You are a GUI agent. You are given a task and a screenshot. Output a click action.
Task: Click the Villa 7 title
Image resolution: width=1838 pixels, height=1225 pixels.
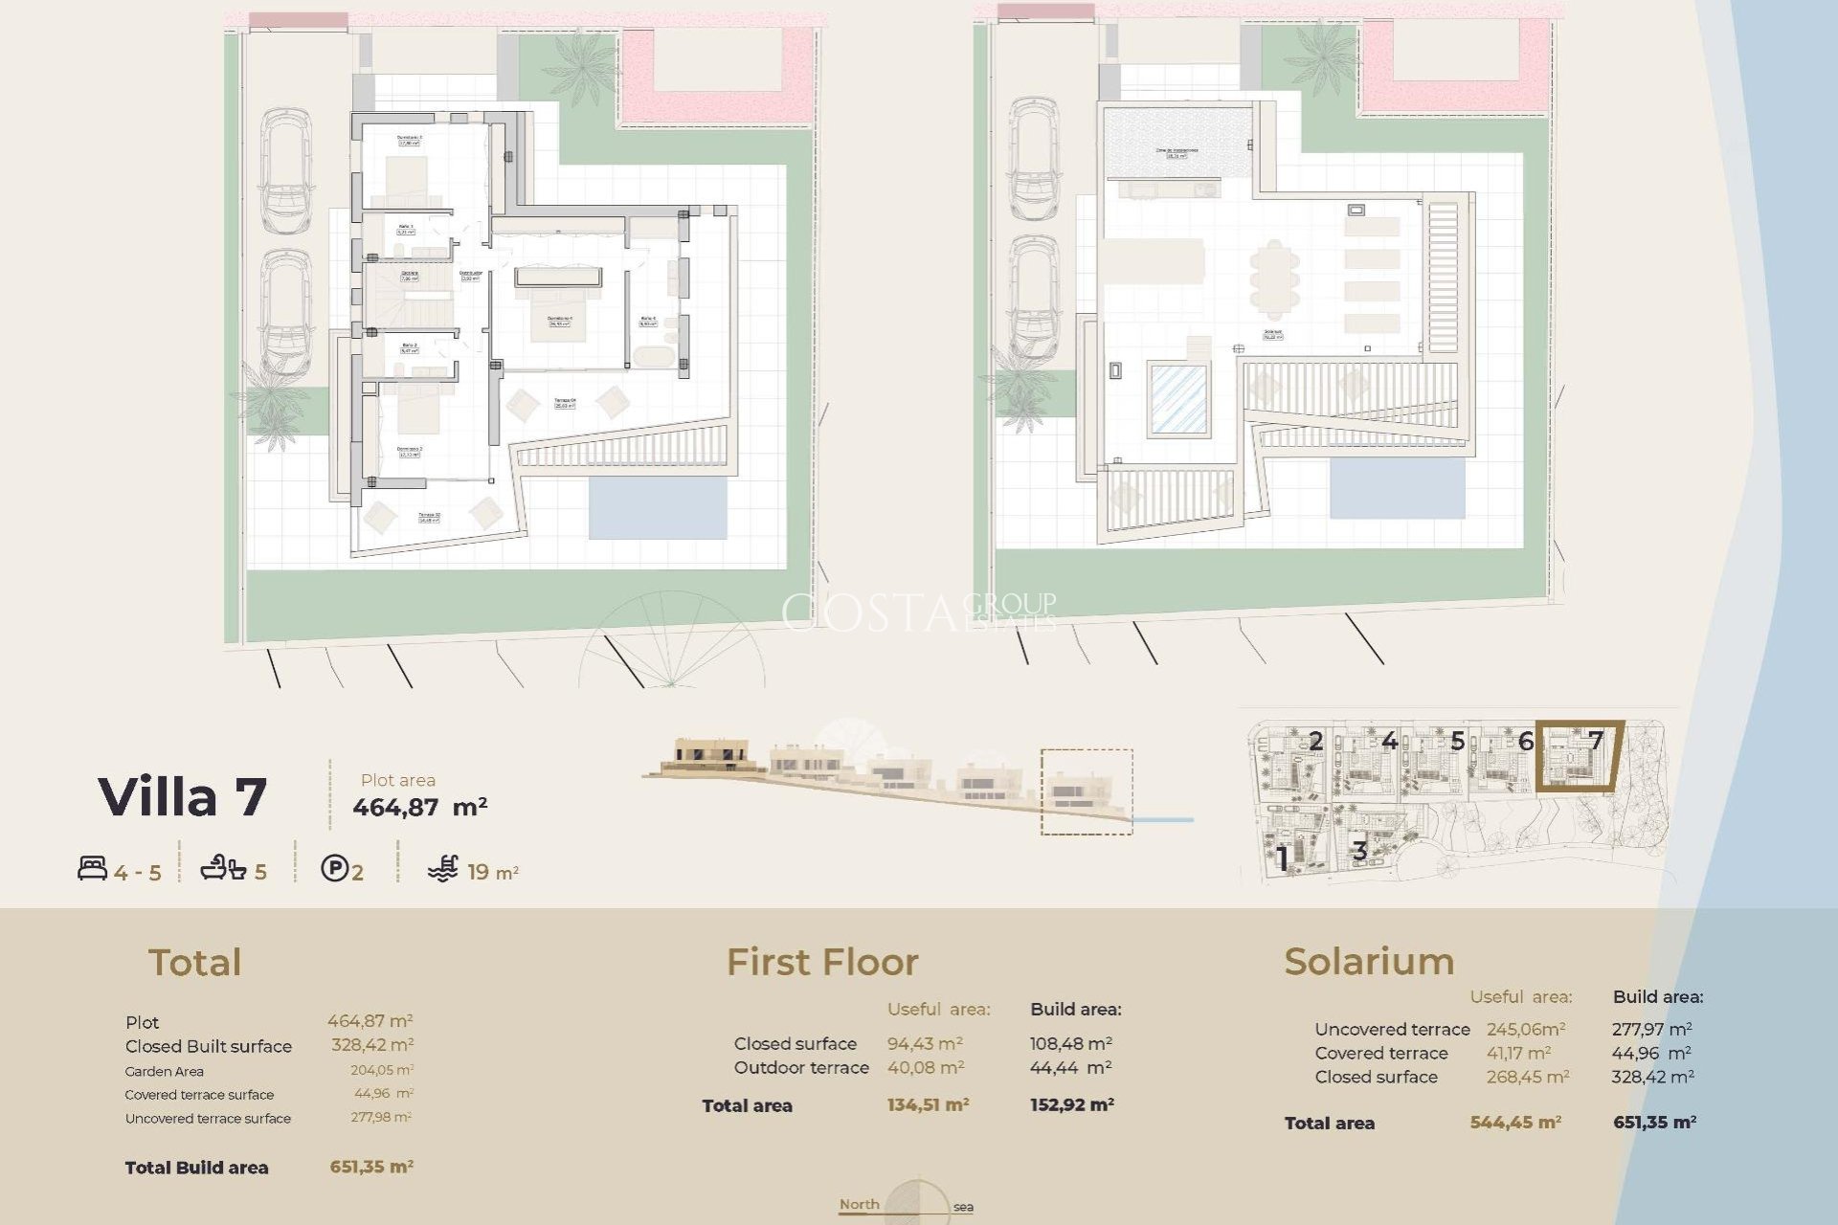(182, 797)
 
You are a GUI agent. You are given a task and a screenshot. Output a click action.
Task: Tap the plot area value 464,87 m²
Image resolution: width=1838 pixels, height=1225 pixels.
(419, 807)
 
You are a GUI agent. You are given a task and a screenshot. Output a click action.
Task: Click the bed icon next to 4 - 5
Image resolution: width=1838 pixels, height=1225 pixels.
(92, 869)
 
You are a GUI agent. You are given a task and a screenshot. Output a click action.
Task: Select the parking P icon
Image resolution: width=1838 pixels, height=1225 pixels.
(334, 869)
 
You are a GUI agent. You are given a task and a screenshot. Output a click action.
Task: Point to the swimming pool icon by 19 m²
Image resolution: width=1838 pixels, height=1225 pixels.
(442, 869)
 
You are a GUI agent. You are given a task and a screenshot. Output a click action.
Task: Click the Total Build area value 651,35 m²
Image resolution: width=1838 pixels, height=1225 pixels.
(371, 1167)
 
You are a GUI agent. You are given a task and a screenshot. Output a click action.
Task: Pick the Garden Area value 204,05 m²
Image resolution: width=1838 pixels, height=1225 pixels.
(381, 1071)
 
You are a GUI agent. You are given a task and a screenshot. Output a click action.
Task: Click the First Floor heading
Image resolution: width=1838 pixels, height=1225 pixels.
(821, 962)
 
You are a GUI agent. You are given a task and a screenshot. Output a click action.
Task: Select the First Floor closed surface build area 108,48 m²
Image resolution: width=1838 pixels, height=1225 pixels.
(1070, 1044)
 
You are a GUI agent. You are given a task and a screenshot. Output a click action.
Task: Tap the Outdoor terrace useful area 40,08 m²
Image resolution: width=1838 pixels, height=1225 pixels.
(925, 1067)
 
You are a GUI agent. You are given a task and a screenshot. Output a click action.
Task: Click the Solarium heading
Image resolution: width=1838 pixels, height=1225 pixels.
(1368, 961)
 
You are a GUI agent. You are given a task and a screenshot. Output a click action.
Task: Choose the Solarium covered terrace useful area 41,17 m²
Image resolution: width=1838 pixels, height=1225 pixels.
(1518, 1053)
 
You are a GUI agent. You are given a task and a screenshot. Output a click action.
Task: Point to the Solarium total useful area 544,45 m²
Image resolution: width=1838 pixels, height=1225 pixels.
(1515, 1123)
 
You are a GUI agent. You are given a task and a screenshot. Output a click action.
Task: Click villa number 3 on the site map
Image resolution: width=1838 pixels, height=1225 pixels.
(1358, 850)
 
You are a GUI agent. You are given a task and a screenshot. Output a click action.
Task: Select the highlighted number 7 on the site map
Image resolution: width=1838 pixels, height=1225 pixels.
(1595, 741)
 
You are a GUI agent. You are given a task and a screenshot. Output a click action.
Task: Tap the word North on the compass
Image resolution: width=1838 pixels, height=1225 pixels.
(859, 1204)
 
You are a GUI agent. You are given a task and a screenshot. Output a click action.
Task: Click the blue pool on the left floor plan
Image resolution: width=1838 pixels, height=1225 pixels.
(657, 507)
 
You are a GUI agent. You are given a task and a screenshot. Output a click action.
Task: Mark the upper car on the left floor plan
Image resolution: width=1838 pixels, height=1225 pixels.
(286, 170)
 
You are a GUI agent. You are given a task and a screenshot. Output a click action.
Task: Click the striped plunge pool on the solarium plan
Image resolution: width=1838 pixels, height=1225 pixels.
(1177, 398)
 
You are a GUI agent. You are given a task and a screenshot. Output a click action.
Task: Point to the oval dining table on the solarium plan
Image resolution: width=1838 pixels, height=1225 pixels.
(1274, 279)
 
